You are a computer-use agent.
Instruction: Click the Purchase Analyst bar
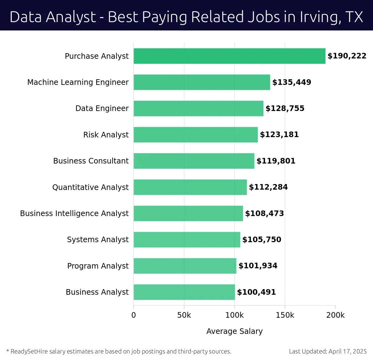click(229, 56)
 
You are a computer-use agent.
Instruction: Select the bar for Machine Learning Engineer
click(202, 82)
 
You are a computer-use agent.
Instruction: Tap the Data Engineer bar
click(198, 108)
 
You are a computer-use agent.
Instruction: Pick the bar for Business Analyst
click(184, 292)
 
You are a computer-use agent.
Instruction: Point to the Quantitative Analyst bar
click(190, 187)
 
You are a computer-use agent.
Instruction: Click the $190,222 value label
click(347, 56)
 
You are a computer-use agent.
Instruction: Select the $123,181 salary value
click(279, 135)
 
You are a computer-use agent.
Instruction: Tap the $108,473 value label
click(265, 214)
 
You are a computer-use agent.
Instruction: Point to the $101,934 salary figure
click(258, 266)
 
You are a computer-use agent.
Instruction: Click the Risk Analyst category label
click(106, 135)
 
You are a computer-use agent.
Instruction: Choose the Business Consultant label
click(91, 161)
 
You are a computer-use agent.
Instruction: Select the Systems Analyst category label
click(98, 240)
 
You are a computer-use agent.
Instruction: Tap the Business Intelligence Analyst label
click(74, 214)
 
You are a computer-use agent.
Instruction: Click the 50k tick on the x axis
click(184, 315)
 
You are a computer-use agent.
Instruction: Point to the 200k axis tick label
click(335, 315)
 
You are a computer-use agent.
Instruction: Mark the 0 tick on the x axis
click(134, 315)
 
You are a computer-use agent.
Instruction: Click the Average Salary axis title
click(234, 331)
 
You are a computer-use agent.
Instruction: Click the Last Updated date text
click(328, 352)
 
